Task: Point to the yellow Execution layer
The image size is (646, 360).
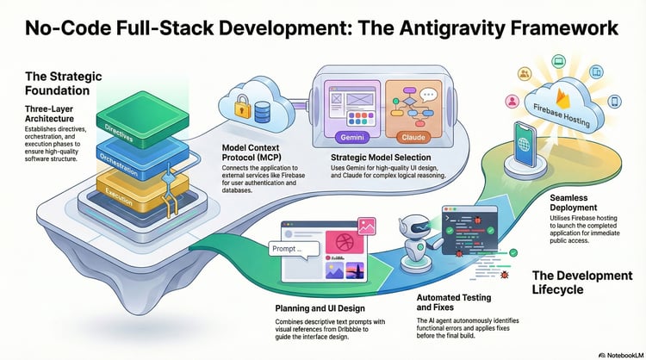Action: click(121, 190)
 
